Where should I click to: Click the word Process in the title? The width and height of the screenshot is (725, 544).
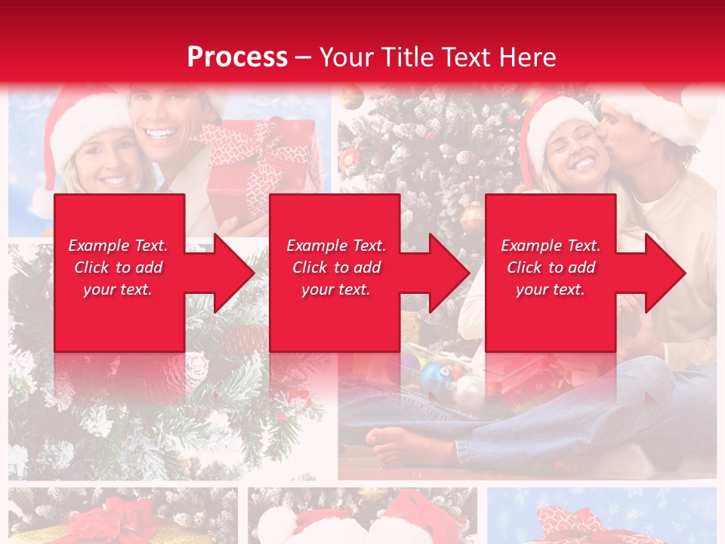coord(237,57)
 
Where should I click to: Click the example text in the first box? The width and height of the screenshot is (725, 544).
coord(118,267)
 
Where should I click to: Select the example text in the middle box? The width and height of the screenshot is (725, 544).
coord(335,267)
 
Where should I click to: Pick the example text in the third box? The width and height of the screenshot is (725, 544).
coord(551,267)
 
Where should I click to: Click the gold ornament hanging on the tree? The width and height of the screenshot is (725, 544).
coord(471,216)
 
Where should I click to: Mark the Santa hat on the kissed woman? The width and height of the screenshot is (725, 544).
coord(555,121)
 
